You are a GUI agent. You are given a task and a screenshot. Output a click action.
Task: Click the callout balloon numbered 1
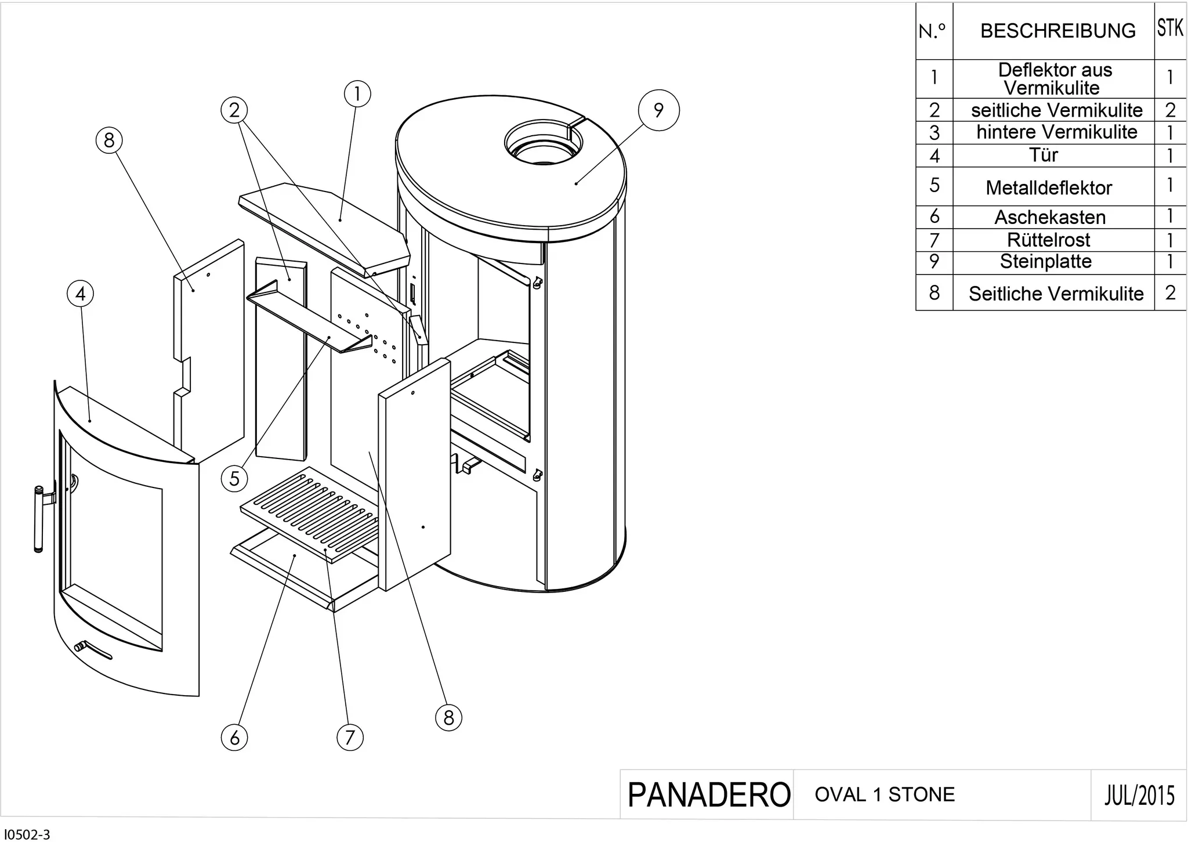357,94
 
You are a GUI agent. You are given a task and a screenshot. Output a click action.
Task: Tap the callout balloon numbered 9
658,110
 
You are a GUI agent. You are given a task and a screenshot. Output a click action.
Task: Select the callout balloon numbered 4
81,294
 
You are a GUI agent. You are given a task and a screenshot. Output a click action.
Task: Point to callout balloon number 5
234,479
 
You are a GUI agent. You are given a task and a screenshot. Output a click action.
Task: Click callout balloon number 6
234,738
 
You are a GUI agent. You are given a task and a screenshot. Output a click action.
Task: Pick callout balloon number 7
350,738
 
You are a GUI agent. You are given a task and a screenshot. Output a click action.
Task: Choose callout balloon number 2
234,110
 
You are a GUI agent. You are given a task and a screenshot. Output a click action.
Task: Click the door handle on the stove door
39,519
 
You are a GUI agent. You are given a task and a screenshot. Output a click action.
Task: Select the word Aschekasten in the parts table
1050,217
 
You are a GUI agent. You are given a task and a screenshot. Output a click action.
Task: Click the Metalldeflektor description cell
1049,187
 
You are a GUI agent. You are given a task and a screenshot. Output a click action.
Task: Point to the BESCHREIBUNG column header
1058,31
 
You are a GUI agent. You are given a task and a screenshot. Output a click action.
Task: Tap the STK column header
1170,27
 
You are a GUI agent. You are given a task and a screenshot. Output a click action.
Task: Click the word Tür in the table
1043,155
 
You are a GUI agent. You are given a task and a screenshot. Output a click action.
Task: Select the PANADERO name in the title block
709,795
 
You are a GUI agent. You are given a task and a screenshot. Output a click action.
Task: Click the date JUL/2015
1140,795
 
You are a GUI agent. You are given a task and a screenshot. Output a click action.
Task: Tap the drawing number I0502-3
27,835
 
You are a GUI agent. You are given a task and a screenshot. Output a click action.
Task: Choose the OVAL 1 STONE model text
885,794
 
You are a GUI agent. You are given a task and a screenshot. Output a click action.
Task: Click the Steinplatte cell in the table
1046,262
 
